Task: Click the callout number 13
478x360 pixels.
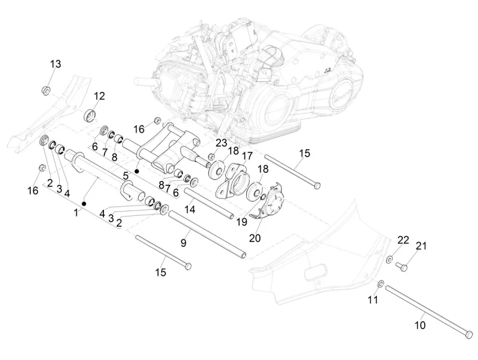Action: pyautogui.click(x=55, y=64)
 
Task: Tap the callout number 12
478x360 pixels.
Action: pyautogui.click(x=99, y=96)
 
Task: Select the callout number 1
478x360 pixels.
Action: pyautogui.click(x=76, y=212)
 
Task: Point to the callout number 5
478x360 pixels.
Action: pyautogui.click(x=126, y=176)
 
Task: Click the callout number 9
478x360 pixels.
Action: pyautogui.click(x=183, y=242)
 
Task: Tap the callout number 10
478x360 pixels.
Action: pyautogui.click(x=420, y=325)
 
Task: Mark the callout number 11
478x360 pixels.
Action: pyautogui.click(x=373, y=300)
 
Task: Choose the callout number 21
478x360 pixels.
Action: pyautogui.click(x=422, y=246)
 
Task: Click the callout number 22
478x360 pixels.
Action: pyautogui.click(x=403, y=240)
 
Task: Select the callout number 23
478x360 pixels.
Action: pyautogui.click(x=222, y=143)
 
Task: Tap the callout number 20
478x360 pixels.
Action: pyautogui.click(x=255, y=237)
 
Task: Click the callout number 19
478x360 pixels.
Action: pyautogui.click(x=241, y=221)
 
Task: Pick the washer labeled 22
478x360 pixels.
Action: pyautogui.click(x=389, y=259)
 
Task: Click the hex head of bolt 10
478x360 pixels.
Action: pyautogui.click(x=468, y=332)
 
